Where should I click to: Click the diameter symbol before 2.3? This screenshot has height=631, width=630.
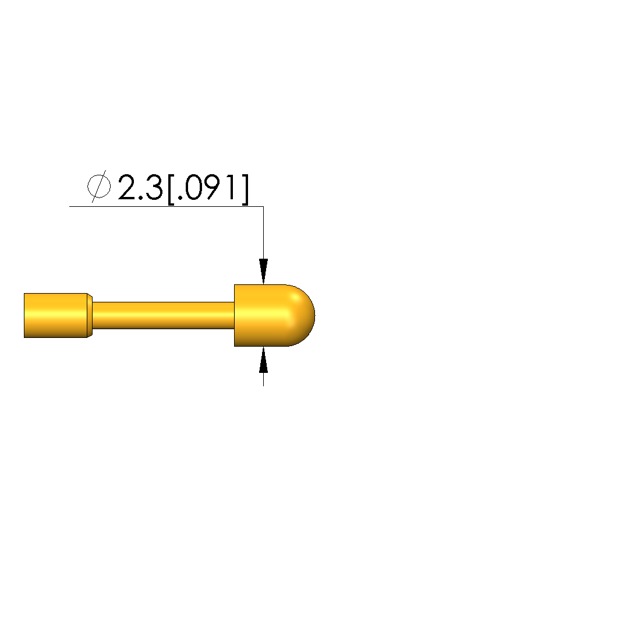click(99, 186)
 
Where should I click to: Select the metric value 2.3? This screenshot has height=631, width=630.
click(140, 187)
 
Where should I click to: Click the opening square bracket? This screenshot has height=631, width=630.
click(171, 189)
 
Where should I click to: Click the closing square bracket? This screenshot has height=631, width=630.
click(245, 189)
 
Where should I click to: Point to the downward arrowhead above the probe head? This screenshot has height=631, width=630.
click(263, 272)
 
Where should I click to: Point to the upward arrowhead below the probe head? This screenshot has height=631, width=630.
click(263, 359)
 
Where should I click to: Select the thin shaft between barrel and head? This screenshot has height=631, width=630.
click(163, 315)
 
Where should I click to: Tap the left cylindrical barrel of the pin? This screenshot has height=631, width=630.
click(55, 315)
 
